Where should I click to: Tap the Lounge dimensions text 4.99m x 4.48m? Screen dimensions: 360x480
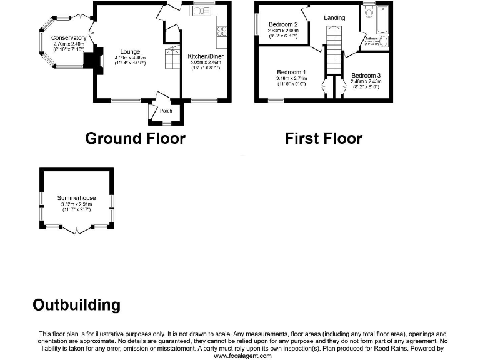point(130,58)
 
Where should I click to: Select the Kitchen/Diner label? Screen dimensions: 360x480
point(206,56)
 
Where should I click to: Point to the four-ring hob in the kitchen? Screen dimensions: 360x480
point(221,30)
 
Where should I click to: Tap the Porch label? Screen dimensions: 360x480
point(166,111)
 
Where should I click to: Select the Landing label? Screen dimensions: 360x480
point(334,17)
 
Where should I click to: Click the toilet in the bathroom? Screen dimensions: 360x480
point(369,12)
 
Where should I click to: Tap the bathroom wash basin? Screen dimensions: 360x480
point(384,42)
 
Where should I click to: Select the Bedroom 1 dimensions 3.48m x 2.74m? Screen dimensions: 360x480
point(291,78)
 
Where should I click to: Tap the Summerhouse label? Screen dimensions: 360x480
point(76,198)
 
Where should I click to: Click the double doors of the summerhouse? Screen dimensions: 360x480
point(76,230)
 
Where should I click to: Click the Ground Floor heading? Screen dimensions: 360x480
point(135,138)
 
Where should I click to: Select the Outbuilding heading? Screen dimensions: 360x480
point(76,305)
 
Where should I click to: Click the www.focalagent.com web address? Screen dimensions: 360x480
point(243,356)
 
